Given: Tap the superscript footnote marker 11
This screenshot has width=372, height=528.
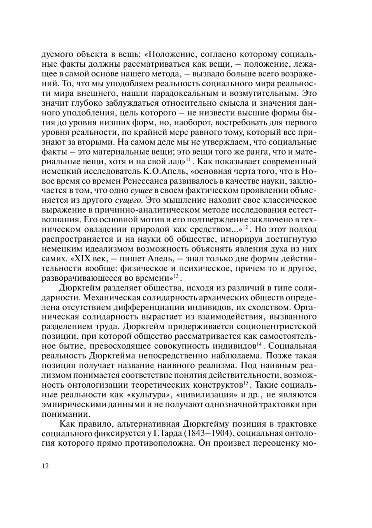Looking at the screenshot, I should pyautogui.click(x=188, y=160).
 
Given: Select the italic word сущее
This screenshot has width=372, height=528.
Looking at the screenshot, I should pyautogui.click(x=141, y=191).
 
